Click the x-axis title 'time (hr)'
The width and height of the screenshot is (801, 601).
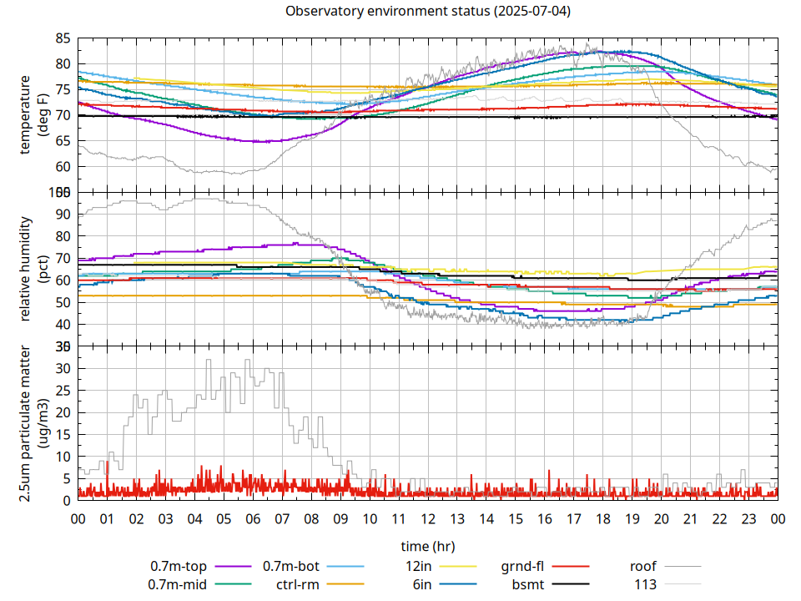click(427, 547)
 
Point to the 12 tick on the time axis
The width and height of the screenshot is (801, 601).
click(428, 518)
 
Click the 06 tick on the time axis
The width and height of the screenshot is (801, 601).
click(253, 518)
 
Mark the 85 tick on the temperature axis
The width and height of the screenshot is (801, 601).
click(63, 38)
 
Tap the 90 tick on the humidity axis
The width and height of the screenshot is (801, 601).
click(63, 214)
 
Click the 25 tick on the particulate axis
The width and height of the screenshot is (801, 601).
click(63, 390)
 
